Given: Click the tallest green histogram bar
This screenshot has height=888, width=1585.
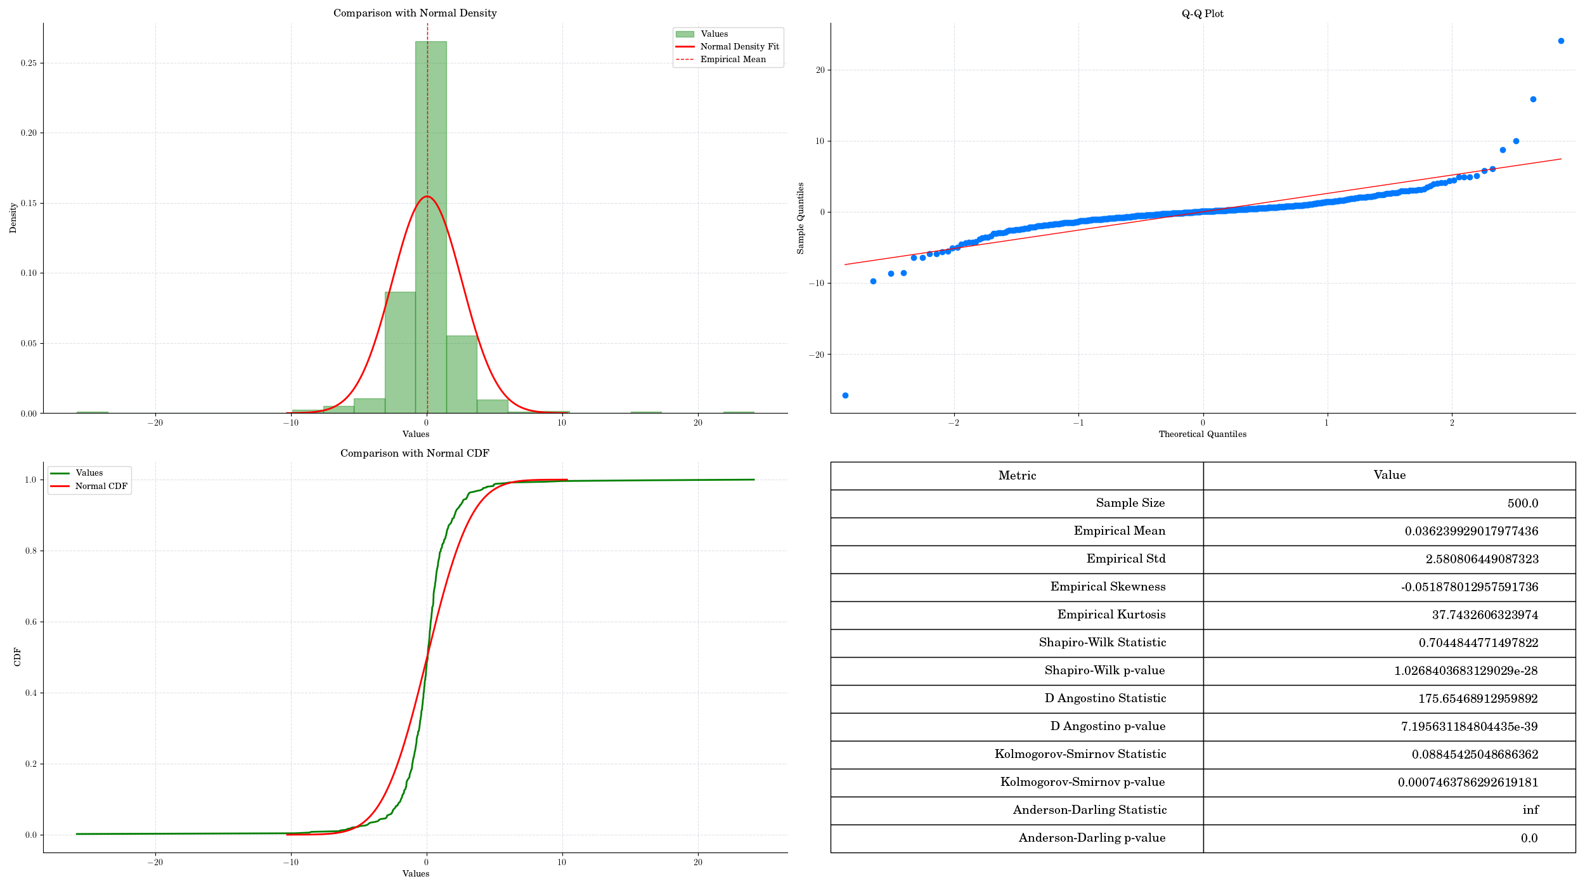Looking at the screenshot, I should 430,228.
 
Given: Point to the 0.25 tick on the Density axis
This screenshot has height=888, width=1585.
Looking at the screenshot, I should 29,63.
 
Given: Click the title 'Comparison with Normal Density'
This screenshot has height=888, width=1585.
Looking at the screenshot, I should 415,13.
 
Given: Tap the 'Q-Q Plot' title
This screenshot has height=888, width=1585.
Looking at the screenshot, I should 1202,13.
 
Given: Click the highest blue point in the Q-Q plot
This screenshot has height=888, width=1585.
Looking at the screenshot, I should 1560,41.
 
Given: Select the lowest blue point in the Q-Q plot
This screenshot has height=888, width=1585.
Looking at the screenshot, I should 845,395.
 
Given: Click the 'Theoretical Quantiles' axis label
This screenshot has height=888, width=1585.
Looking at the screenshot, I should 1202,434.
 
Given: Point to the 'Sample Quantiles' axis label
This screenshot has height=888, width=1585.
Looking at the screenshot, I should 801,218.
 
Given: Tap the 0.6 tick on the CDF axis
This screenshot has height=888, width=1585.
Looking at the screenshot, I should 30,622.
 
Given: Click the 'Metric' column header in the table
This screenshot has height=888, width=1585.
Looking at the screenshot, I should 1017,476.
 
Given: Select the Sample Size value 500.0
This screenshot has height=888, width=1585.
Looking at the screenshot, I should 1522,504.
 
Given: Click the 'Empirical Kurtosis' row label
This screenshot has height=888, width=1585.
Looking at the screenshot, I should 1111,615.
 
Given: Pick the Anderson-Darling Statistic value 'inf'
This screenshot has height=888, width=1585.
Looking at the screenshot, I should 1530,810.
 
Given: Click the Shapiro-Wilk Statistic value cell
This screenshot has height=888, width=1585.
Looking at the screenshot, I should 1478,643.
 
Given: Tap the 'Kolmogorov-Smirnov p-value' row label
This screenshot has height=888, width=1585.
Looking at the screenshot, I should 1082,782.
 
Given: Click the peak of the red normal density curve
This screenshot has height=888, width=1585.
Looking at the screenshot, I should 427,197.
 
